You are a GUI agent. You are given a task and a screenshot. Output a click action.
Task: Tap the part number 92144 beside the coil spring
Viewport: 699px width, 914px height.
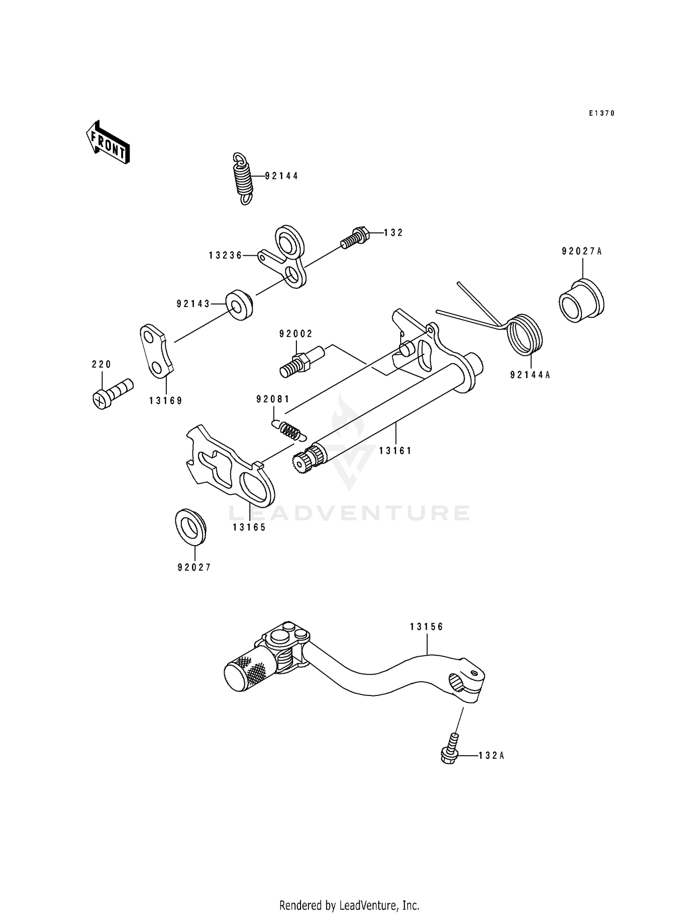[x=281, y=176]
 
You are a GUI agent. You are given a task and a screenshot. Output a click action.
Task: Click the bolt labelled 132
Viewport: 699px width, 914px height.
[x=356, y=237]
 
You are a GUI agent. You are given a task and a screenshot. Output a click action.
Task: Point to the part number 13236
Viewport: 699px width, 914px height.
[x=226, y=255]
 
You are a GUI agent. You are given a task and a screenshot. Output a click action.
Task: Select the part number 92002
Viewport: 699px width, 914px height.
[x=296, y=334]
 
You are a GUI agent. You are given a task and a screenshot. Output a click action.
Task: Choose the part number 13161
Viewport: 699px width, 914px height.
[x=395, y=451]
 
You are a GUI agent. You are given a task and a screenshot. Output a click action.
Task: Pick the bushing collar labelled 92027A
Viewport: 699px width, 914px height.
[x=581, y=301]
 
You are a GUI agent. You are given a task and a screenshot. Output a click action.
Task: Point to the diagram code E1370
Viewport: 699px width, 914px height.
[x=602, y=113]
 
